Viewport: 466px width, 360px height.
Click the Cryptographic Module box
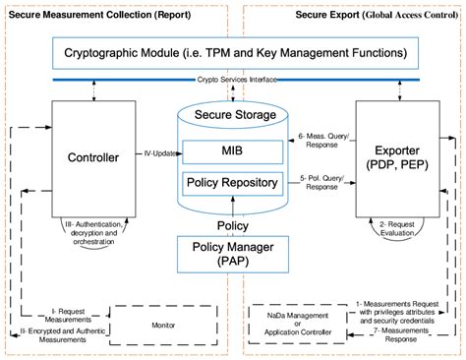(233, 52)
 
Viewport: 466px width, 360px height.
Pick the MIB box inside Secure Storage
(232, 153)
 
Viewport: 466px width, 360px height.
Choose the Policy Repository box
(232, 183)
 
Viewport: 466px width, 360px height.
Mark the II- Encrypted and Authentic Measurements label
(67, 334)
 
